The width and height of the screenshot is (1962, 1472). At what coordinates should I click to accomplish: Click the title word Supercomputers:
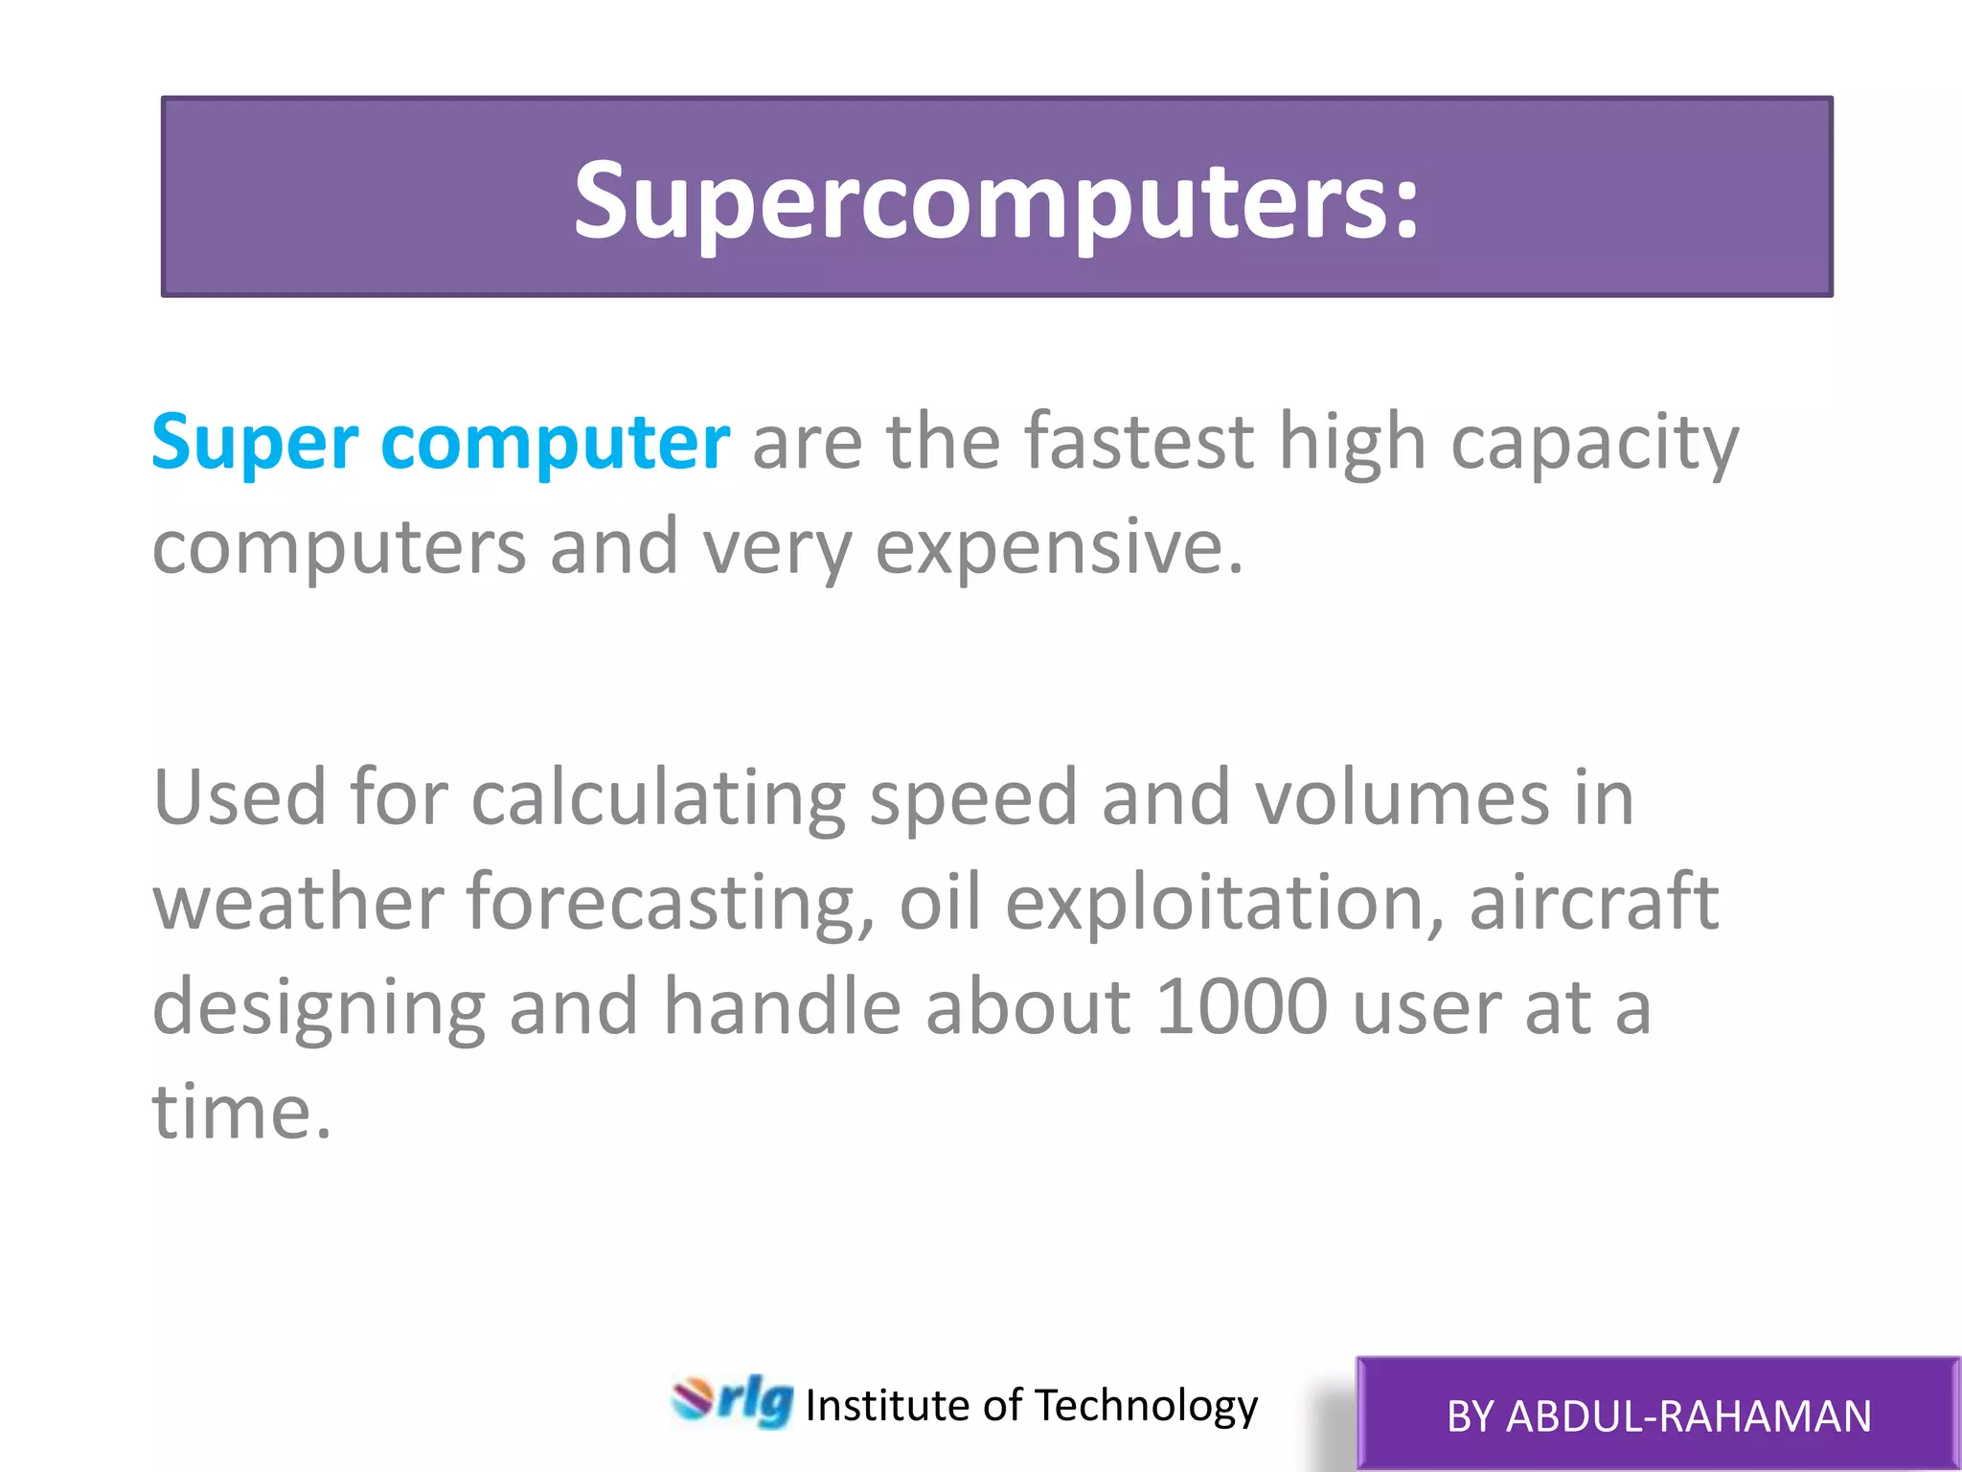996,201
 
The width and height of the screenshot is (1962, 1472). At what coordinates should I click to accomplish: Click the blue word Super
255,444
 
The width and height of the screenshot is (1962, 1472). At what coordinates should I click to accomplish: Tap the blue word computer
556,444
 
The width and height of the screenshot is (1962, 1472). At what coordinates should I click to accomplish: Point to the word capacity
1594,444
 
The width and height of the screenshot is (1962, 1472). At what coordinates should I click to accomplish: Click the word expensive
1059,548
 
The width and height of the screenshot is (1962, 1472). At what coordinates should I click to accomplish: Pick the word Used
240,797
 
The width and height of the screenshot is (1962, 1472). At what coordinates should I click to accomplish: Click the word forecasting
671,904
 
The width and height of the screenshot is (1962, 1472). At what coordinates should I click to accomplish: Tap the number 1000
1242,1007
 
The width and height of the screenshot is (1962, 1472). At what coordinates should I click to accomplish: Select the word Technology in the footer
1147,1406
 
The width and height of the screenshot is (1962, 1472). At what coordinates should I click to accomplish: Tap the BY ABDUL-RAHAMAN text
1658,1416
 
